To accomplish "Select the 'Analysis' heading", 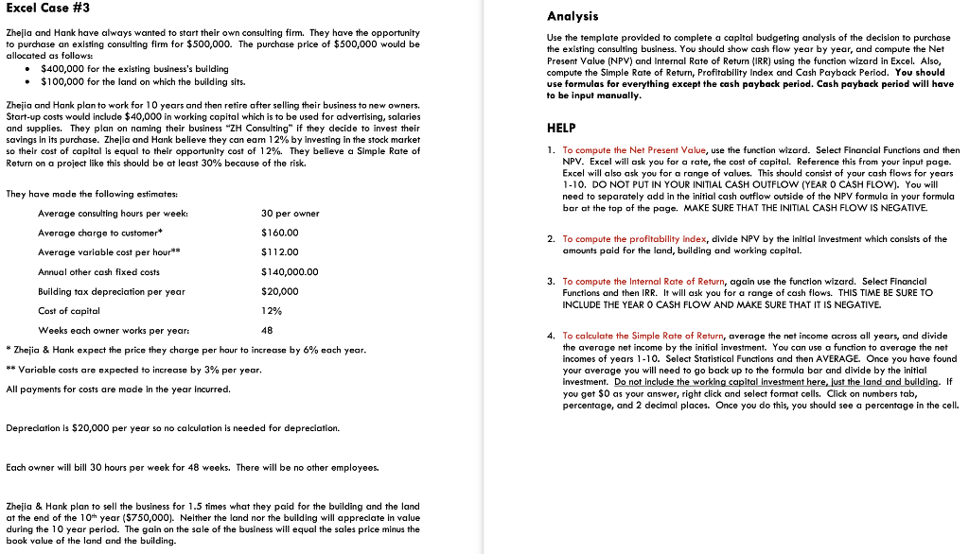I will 573,16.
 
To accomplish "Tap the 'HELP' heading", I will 562,128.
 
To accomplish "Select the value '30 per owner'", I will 290,214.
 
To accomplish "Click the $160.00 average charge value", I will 279,233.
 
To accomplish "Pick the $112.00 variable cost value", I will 279,252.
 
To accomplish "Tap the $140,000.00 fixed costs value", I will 290,272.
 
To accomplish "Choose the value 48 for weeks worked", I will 266,331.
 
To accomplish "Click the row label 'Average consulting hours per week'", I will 104,214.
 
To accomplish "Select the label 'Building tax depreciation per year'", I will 111,292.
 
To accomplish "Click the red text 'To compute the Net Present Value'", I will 634,150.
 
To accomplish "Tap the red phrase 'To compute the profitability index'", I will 635,239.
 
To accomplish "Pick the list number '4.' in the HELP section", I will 551,336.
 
